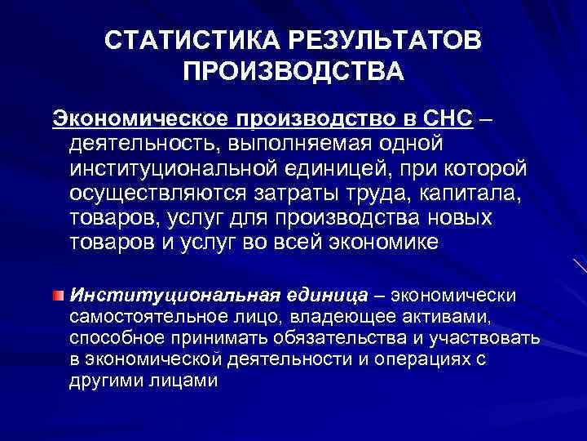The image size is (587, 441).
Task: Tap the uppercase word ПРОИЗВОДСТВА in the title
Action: click(293, 74)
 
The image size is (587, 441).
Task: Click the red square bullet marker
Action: click(59, 294)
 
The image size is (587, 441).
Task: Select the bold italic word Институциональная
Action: click(174, 294)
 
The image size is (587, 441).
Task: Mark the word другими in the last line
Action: click(103, 380)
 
